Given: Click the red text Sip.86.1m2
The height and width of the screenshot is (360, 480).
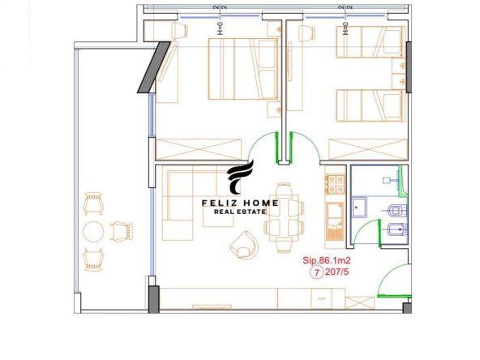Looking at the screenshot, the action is pos(326,260).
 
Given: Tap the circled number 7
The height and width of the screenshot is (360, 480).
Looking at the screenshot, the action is pos(317,272).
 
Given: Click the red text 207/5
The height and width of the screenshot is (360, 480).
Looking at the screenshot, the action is pos(336,272).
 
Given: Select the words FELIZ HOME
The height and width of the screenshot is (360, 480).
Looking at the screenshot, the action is pos(240,203).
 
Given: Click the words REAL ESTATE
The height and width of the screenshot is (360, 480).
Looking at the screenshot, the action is pos(240,212).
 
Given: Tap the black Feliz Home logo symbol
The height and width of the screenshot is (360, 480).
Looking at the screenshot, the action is pos(240,177).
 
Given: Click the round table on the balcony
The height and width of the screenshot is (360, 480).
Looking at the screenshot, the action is pos(93,231).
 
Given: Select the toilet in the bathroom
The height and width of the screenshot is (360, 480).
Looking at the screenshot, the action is pos(396,211).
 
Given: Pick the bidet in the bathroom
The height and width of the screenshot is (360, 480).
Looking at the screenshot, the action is pos(397,229).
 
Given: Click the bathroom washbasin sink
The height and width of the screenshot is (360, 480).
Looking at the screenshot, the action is pos(359,208).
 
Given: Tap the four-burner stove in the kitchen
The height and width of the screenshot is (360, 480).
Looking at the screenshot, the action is pos(335,184).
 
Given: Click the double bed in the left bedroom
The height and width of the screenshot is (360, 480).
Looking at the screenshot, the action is pos(244,69).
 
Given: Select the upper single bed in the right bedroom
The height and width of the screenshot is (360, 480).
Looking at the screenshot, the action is pos(370,42).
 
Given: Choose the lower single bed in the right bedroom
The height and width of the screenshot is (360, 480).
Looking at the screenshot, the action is pos(370,105).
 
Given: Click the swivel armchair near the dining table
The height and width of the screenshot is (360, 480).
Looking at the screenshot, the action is pos(244,245).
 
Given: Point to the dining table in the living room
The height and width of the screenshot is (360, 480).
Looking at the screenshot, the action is pos(284,217).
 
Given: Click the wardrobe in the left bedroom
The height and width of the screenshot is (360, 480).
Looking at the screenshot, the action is pos(199,149).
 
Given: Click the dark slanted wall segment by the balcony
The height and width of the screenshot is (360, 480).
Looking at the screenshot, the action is pos(154,67).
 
